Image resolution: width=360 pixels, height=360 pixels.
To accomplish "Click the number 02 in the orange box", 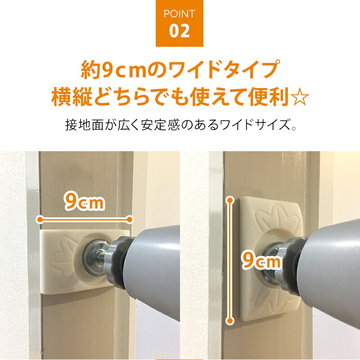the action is [x=179, y=31].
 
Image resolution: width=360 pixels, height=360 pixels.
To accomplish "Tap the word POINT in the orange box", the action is [x=179, y=14].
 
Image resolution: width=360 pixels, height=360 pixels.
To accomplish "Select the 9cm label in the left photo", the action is [x=85, y=201].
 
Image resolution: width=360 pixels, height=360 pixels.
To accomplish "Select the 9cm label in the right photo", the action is [x=261, y=260].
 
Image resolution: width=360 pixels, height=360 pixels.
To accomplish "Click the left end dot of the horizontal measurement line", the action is [x=40, y=220].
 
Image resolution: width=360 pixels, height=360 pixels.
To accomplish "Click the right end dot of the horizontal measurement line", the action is [x=130, y=220].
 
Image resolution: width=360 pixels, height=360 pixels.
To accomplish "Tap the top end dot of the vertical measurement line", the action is [x=230, y=200].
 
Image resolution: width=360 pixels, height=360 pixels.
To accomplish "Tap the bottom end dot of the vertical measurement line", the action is [x=230, y=320].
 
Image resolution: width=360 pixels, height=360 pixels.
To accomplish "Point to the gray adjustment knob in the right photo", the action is [x=289, y=266].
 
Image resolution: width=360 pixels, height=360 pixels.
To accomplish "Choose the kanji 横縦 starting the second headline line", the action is [x=72, y=97].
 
